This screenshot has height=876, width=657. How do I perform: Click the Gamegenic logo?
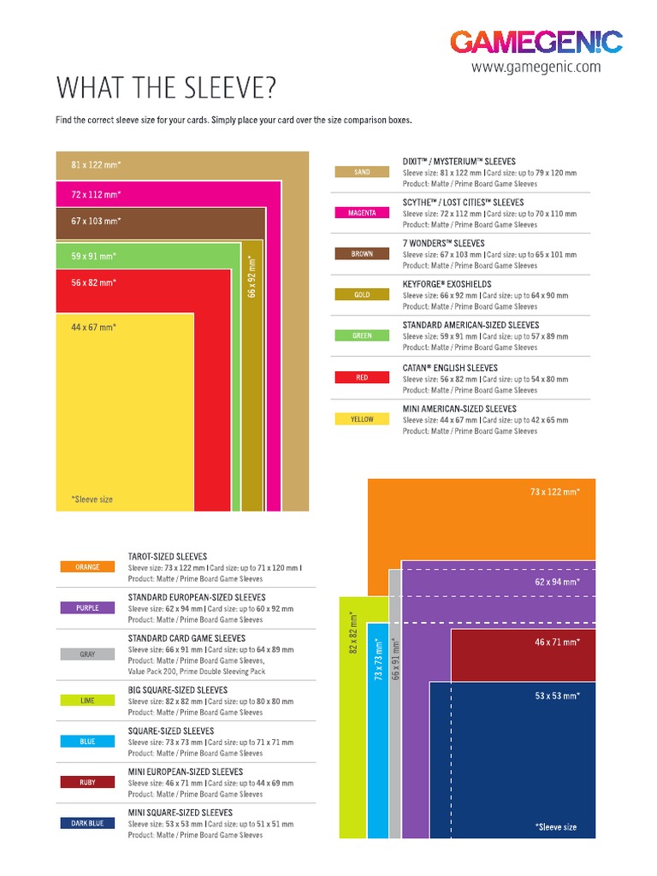[x=536, y=41]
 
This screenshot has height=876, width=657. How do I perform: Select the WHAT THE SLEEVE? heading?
[x=167, y=88]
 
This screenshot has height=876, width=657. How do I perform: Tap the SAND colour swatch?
[x=362, y=172]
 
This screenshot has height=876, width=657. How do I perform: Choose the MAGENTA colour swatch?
[x=362, y=213]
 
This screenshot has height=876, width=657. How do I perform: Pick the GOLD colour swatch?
[x=362, y=295]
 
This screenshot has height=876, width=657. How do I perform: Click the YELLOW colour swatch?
[x=362, y=419]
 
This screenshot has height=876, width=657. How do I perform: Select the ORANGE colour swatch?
[x=87, y=567]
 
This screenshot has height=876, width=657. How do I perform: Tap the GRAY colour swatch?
[x=87, y=654]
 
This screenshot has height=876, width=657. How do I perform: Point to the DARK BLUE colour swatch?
[x=87, y=824]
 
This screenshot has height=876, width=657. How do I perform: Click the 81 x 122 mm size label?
[x=96, y=163]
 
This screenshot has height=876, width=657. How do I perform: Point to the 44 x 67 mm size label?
[x=93, y=327]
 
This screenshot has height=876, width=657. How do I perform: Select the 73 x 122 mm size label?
[x=554, y=492]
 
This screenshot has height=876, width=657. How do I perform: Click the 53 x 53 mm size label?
[x=558, y=696]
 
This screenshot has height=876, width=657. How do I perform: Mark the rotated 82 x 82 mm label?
[x=352, y=634]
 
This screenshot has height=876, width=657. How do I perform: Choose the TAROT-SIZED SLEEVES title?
[x=168, y=556]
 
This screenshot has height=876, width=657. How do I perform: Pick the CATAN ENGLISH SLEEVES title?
[x=450, y=368]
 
